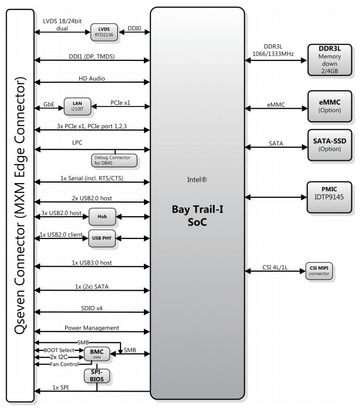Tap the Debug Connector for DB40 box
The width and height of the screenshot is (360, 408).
tap(114, 160)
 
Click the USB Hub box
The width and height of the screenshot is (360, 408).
tap(102, 216)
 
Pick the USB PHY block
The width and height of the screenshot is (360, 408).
tap(102, 238)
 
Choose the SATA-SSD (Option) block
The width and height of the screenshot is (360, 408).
tap(330, 145)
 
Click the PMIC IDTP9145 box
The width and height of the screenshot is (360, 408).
tap(330, 197)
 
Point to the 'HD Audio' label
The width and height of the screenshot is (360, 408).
tap(92, 78)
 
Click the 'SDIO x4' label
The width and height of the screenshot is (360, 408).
tap(92, 308)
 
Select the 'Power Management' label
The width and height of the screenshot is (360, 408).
tap(92, 328)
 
